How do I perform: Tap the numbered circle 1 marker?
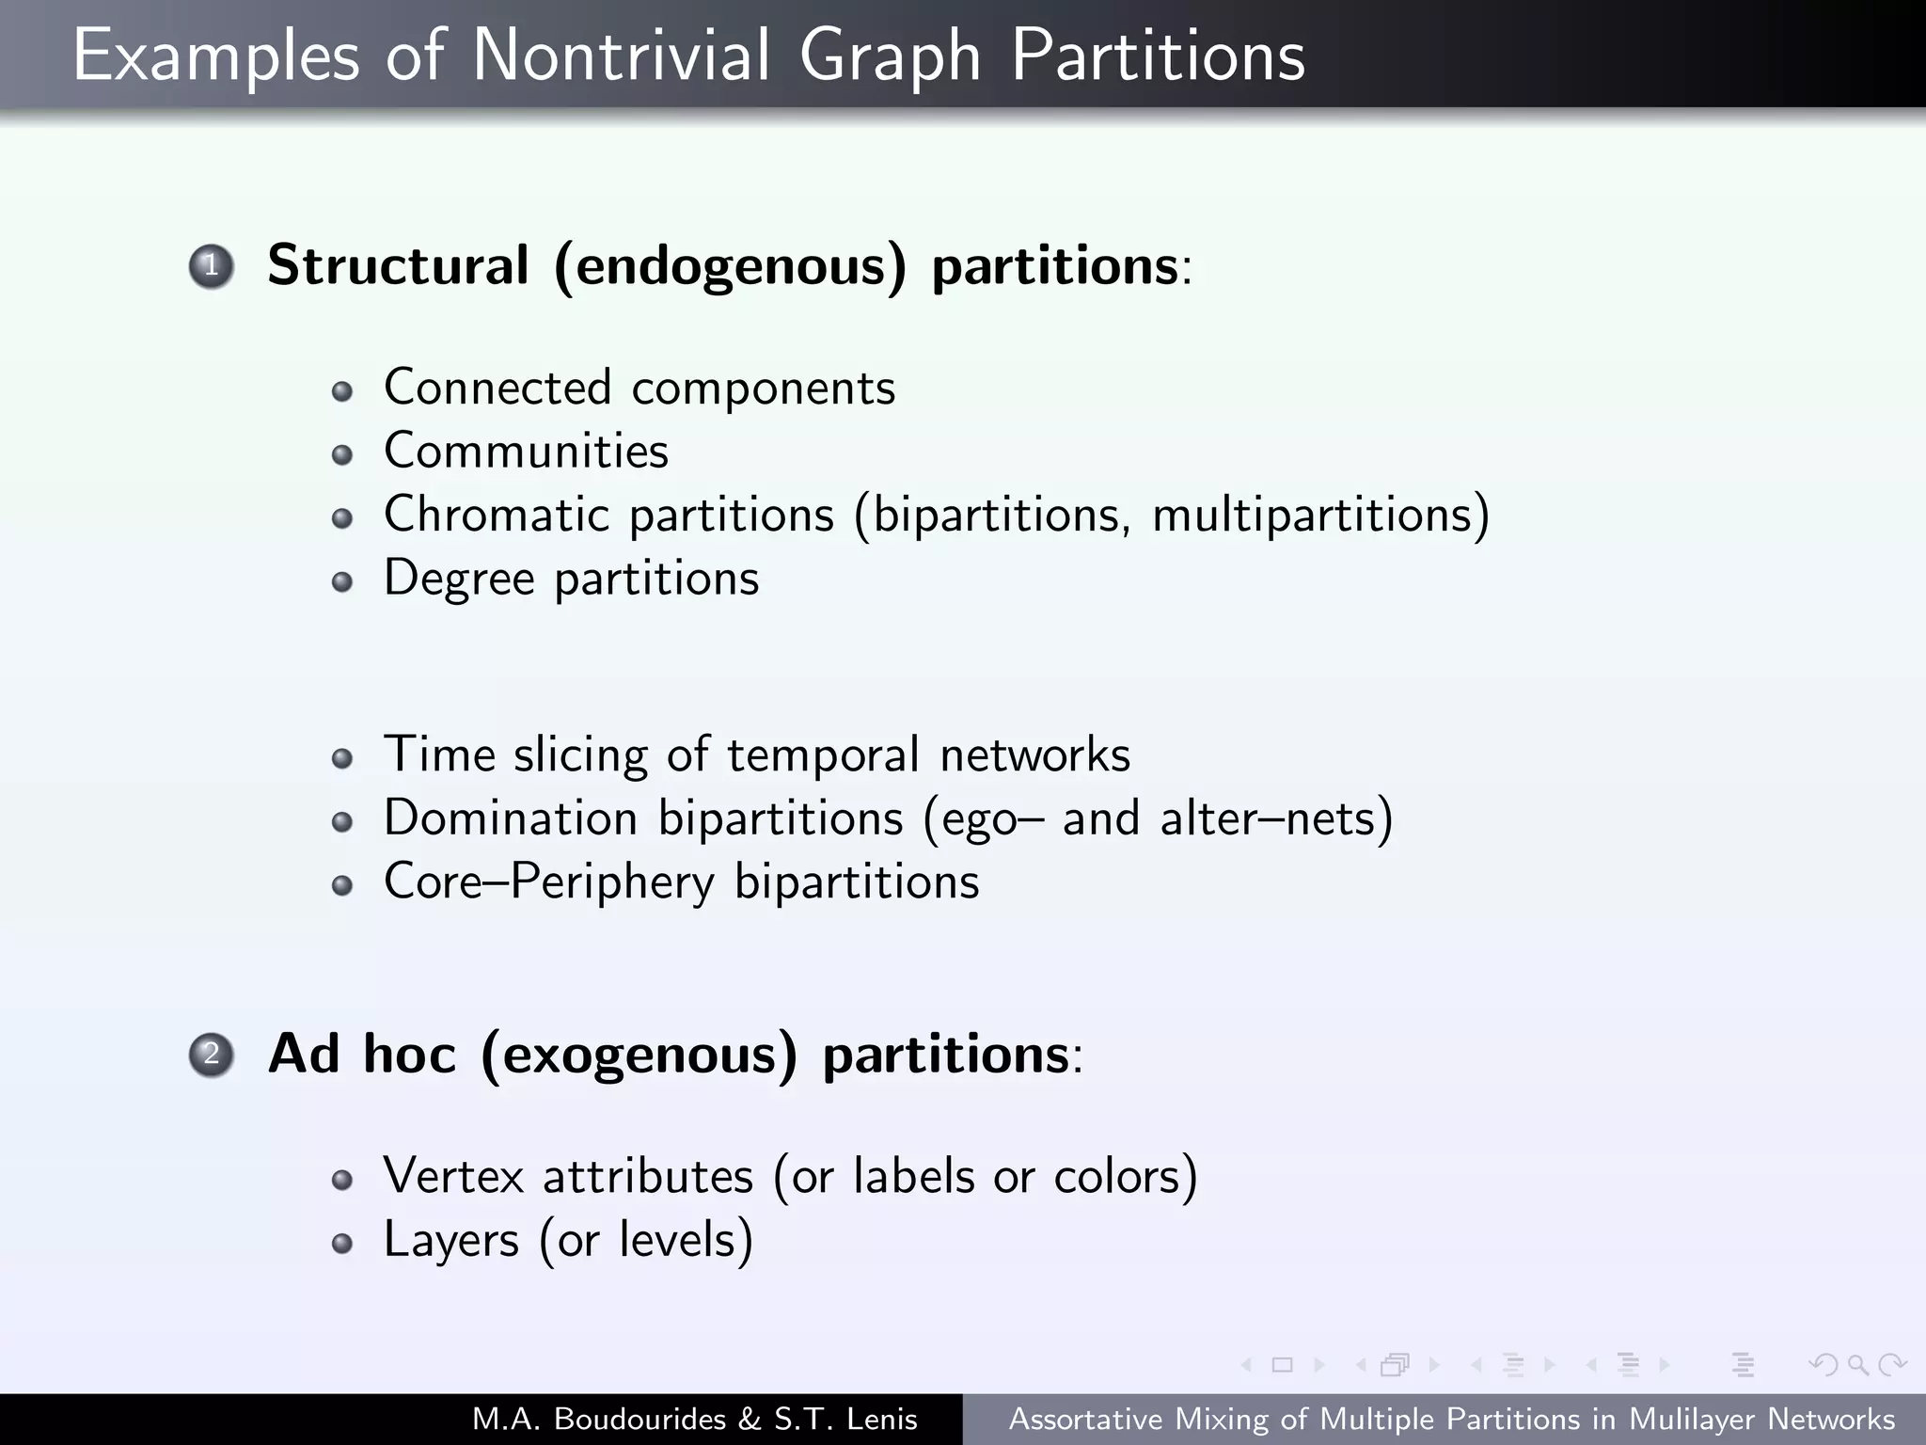pos(211,266)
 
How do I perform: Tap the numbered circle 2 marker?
pos(211,1054)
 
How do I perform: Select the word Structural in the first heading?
pos(398,265)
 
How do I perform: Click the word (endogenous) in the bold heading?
pos(731,267)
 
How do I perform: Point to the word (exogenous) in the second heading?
pos(639,1055)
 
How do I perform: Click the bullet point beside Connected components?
pos(342,391)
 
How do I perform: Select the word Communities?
pos(526,451)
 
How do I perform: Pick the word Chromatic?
pos(497,515)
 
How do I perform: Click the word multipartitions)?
pos(1320,516)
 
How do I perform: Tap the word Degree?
pos(459,579)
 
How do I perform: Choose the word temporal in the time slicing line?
pos(823,755)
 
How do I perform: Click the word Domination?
pos(511,818)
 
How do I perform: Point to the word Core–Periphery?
pos(549,882)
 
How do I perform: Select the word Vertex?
pos(453,1176)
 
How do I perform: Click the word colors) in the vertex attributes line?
pos(1126,1177)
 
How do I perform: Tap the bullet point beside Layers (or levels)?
pos(342,1244)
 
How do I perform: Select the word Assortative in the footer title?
pos(1085,1419)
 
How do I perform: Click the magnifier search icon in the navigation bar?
pos(1857,1364)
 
